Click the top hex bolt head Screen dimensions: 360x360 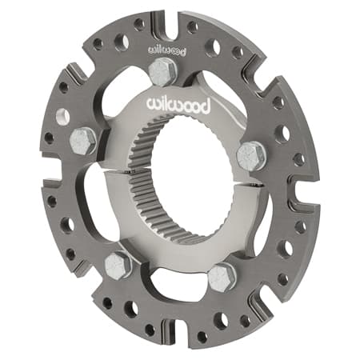pos(163,72)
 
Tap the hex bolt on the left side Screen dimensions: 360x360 pos(83,142)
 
